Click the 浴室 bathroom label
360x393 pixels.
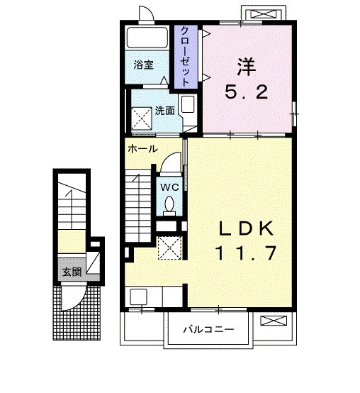click(144, 65)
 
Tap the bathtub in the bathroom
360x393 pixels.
click(147, 39)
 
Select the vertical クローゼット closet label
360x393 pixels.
click(184, 57)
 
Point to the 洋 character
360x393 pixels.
click(246, 66)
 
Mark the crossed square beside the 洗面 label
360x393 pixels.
click(142, 115)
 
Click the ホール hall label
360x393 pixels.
click(142, 150)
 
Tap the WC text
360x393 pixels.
click(168, 187)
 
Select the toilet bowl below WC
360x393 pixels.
click(169, 205)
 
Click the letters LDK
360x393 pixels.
click(245, 228)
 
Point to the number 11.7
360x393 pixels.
click(245, 252)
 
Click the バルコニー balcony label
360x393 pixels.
click(208, 330)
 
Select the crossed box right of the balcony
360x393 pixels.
click(271, 321)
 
